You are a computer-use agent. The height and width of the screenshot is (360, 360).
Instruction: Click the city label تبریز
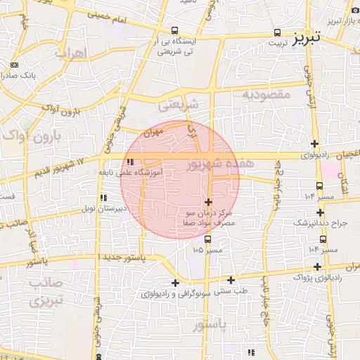[307, 36]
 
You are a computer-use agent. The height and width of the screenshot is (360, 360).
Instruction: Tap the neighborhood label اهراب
[70, 53]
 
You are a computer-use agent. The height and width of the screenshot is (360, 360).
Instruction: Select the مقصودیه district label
[265, 94]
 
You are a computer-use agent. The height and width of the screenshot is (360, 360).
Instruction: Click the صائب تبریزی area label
[46, 292]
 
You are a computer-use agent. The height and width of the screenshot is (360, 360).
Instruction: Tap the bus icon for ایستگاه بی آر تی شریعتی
[174, 31]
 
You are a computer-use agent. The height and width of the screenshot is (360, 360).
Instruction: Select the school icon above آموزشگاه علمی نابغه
[129, 162]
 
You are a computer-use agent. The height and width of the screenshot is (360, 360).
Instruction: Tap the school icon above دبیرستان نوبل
[103, 198]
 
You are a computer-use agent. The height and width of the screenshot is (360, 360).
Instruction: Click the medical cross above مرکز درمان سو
[207, 201]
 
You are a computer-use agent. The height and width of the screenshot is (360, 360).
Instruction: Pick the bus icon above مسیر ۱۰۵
[207, 238]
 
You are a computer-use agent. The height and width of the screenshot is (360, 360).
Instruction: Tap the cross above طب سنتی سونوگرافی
[231, 280]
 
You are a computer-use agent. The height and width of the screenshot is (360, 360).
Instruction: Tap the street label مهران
[152, 131]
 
